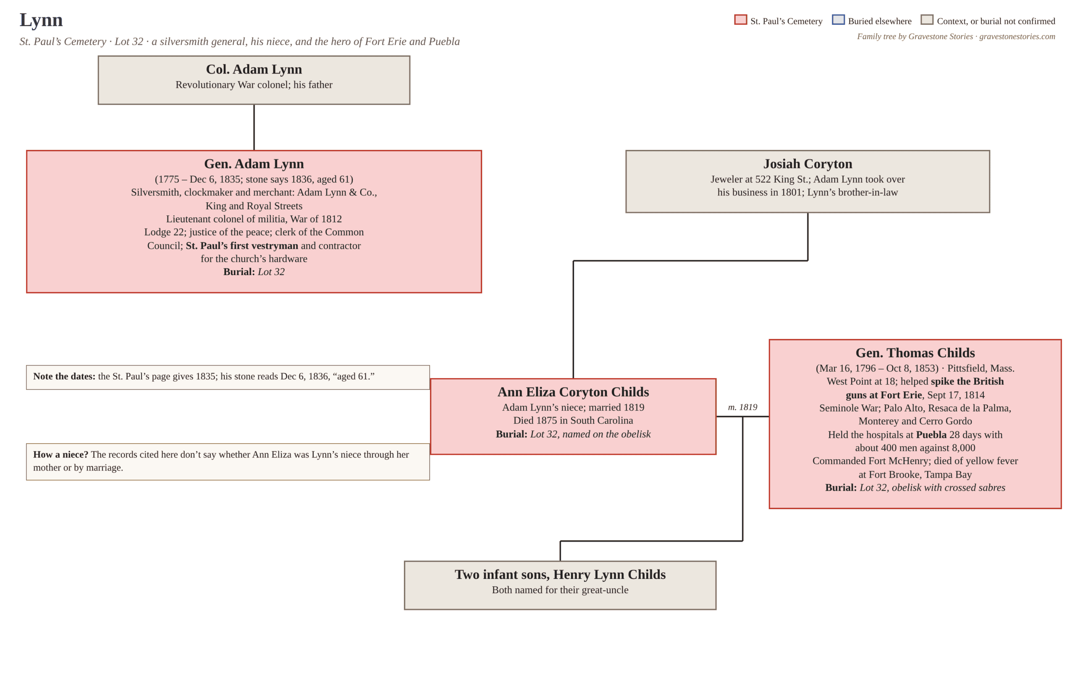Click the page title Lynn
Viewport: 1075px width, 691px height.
[x=41, y=20]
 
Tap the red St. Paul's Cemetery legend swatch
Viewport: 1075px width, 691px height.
[x=740, y=20]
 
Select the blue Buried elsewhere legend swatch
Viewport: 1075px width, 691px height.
[x=838, y=20]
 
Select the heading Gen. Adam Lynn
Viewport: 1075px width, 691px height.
[x=254, y=164]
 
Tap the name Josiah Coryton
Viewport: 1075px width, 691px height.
[x=808, y=164]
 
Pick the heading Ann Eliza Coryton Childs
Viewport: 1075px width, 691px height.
[x=573, y=392]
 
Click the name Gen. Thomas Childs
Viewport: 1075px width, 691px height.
[x=915, y=353]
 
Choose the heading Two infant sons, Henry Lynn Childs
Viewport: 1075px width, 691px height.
[x=560, y=574]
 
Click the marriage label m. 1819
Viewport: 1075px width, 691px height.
[x=743, y=407]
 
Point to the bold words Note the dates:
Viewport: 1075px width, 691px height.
[x=64, y=376]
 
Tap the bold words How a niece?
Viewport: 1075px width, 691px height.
[x=60, y=454]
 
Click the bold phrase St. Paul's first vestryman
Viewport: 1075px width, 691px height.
[x=242, y=245]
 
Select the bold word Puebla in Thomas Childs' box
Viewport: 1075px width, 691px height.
[x=931, y=434]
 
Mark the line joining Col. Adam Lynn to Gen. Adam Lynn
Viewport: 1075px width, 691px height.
[x=254, y=127]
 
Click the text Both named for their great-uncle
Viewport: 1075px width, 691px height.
[x=560, y=590]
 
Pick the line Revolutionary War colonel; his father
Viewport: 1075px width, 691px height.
[x=254, y=84]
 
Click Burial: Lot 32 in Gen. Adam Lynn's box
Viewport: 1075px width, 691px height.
[x=254, y=271]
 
